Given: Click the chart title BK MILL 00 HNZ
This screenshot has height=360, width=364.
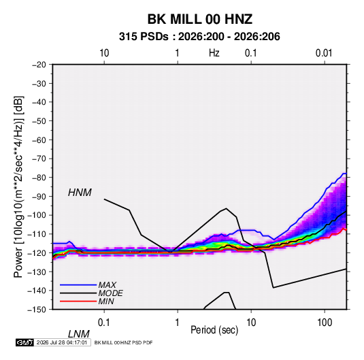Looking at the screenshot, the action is click(x=199, y=19).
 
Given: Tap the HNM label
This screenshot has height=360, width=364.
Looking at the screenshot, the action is click(x=80, y=193).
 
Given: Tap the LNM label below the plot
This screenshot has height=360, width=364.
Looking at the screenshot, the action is click(x=79, y=334).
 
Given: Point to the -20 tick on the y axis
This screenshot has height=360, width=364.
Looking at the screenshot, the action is click(x=39, y=65).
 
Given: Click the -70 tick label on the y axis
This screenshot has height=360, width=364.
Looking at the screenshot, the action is click(x=39, y=159).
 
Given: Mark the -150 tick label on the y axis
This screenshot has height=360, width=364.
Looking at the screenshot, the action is click(x=37, y=310).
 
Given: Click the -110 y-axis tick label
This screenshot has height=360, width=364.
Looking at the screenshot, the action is click(x=37, y=234).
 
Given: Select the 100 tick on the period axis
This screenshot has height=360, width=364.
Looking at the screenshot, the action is click(x=325, y=323).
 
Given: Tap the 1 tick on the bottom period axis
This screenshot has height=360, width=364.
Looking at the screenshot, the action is click(x=178, y=323).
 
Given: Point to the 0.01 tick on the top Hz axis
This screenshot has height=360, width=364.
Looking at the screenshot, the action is click(x=324, y=53).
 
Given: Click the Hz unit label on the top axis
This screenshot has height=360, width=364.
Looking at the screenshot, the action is click(x=214, y=53).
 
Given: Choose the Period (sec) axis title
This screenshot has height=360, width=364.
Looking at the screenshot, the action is click(x=214, y=330).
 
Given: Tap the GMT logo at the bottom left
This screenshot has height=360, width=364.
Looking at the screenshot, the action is click(x=24, y=342).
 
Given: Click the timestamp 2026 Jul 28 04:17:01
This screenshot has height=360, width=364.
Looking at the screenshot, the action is click(x=62, y=342).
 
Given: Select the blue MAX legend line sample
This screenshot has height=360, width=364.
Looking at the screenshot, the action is click(x=78, y=284).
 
